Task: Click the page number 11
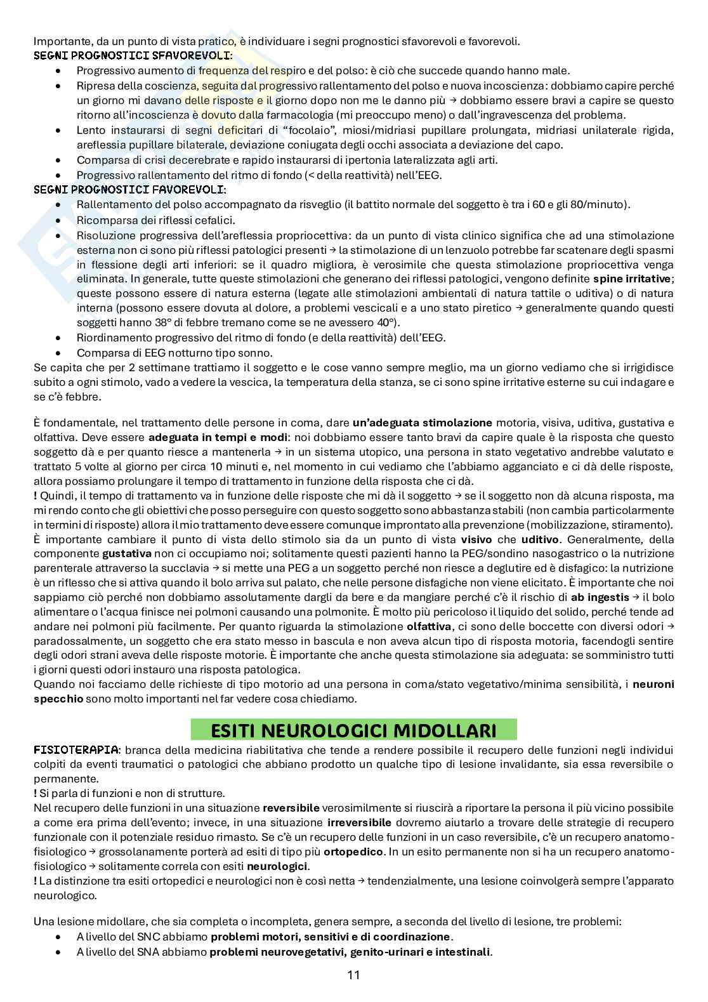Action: point(353,975)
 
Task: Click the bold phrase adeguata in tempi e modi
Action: point(204,437)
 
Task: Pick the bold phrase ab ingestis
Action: point(600,597)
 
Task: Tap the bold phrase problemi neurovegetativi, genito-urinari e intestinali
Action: point(350,952)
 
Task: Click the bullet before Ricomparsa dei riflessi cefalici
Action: point(59,221)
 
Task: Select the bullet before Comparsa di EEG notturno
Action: point(59,353)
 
